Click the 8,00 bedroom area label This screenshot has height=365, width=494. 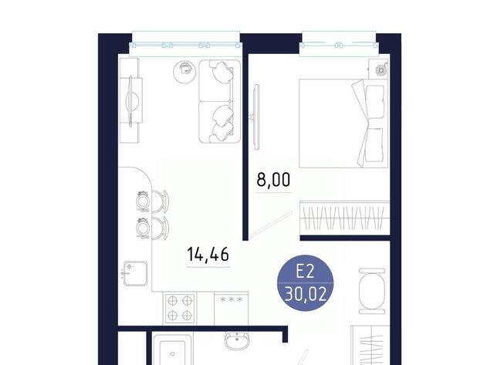273,180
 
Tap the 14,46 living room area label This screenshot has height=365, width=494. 208,254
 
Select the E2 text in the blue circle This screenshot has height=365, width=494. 305,271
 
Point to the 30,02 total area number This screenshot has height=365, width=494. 305,295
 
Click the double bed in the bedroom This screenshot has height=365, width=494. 343,123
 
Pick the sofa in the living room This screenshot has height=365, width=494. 219,101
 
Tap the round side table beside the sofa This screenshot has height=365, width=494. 185,72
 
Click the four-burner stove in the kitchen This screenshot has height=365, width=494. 180,308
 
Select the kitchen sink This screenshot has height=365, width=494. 136,273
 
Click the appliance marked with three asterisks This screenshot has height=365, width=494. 232,308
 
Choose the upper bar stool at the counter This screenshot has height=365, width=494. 153,201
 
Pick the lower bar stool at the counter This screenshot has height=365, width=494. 153,228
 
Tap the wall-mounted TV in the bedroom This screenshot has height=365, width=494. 256,117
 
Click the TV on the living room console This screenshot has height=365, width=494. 133,101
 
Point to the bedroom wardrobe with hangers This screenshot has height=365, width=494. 345,218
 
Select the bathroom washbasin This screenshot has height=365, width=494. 237,341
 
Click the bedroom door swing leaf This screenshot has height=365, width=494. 271,225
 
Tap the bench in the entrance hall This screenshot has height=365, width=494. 372,291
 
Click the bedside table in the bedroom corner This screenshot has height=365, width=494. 378,69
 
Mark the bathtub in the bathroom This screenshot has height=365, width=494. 172,350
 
